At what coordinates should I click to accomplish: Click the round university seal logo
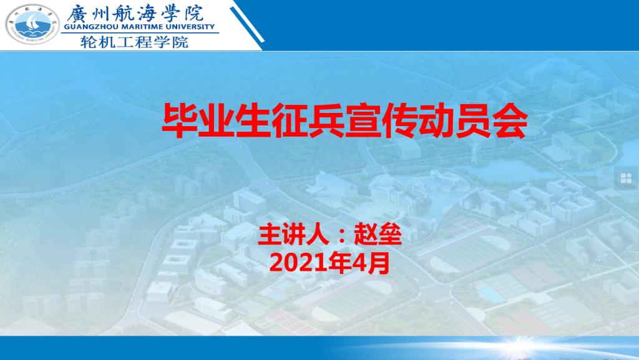pos(32,24)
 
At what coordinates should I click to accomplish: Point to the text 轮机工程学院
pos(135,42)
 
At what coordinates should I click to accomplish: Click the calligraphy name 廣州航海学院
pos(135,13)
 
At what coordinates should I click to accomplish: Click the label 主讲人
pos(293,235)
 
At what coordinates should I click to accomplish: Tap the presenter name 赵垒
pos(378,235)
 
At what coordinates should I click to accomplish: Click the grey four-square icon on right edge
pos(626,178)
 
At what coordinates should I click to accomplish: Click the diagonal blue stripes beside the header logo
pos(247,24)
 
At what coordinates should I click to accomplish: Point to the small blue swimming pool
pos(490,294)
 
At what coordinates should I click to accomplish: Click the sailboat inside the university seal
pos(32,23)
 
